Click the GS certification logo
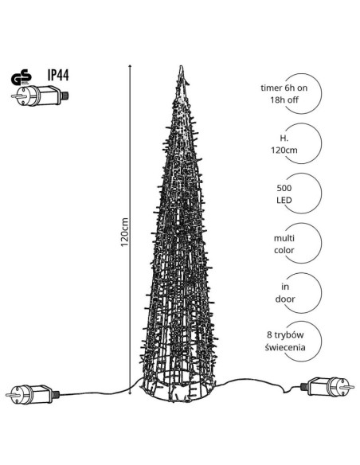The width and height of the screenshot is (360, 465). [x=22, y=77]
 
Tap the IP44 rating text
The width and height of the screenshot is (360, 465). [x=58, y=75]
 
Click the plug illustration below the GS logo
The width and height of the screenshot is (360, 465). [x=40, y=96]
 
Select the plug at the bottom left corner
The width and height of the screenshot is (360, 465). [x=33, y=394]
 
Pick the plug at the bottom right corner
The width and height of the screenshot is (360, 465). [x=327, y=387]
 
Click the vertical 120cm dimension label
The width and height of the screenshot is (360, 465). [x=124, y=232]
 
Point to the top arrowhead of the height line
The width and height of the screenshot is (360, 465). [x=131, y=65]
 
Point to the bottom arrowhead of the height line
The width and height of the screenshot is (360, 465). [x=131, y=393]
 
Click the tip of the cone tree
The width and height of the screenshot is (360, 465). [x=181, y=67]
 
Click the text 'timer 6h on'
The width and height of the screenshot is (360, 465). [x=284, y=88]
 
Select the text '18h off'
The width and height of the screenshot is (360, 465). [x=284, y=100]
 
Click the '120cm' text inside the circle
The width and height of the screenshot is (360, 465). [x=284, y=150]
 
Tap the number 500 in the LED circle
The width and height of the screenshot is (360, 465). [x=284, y=188]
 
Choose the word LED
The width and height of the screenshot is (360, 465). [x=284, y=200]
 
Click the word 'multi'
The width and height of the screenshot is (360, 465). [x=284, y=238]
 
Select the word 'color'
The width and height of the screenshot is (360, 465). [x=284, y=250]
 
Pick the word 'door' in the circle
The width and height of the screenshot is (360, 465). [x=284, y=299]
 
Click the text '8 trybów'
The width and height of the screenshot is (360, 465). [x=285, y=335]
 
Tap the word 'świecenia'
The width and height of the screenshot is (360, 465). [x=285, y=347]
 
